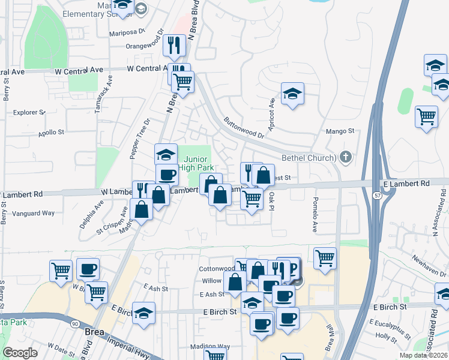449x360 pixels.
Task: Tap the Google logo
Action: coord(20,353)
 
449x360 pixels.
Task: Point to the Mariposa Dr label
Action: coord(127,32)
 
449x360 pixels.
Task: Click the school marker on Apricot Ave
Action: coord(292,94)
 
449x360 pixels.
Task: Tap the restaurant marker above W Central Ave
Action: coord(174,46)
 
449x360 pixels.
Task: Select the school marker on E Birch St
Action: coord(143,314)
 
